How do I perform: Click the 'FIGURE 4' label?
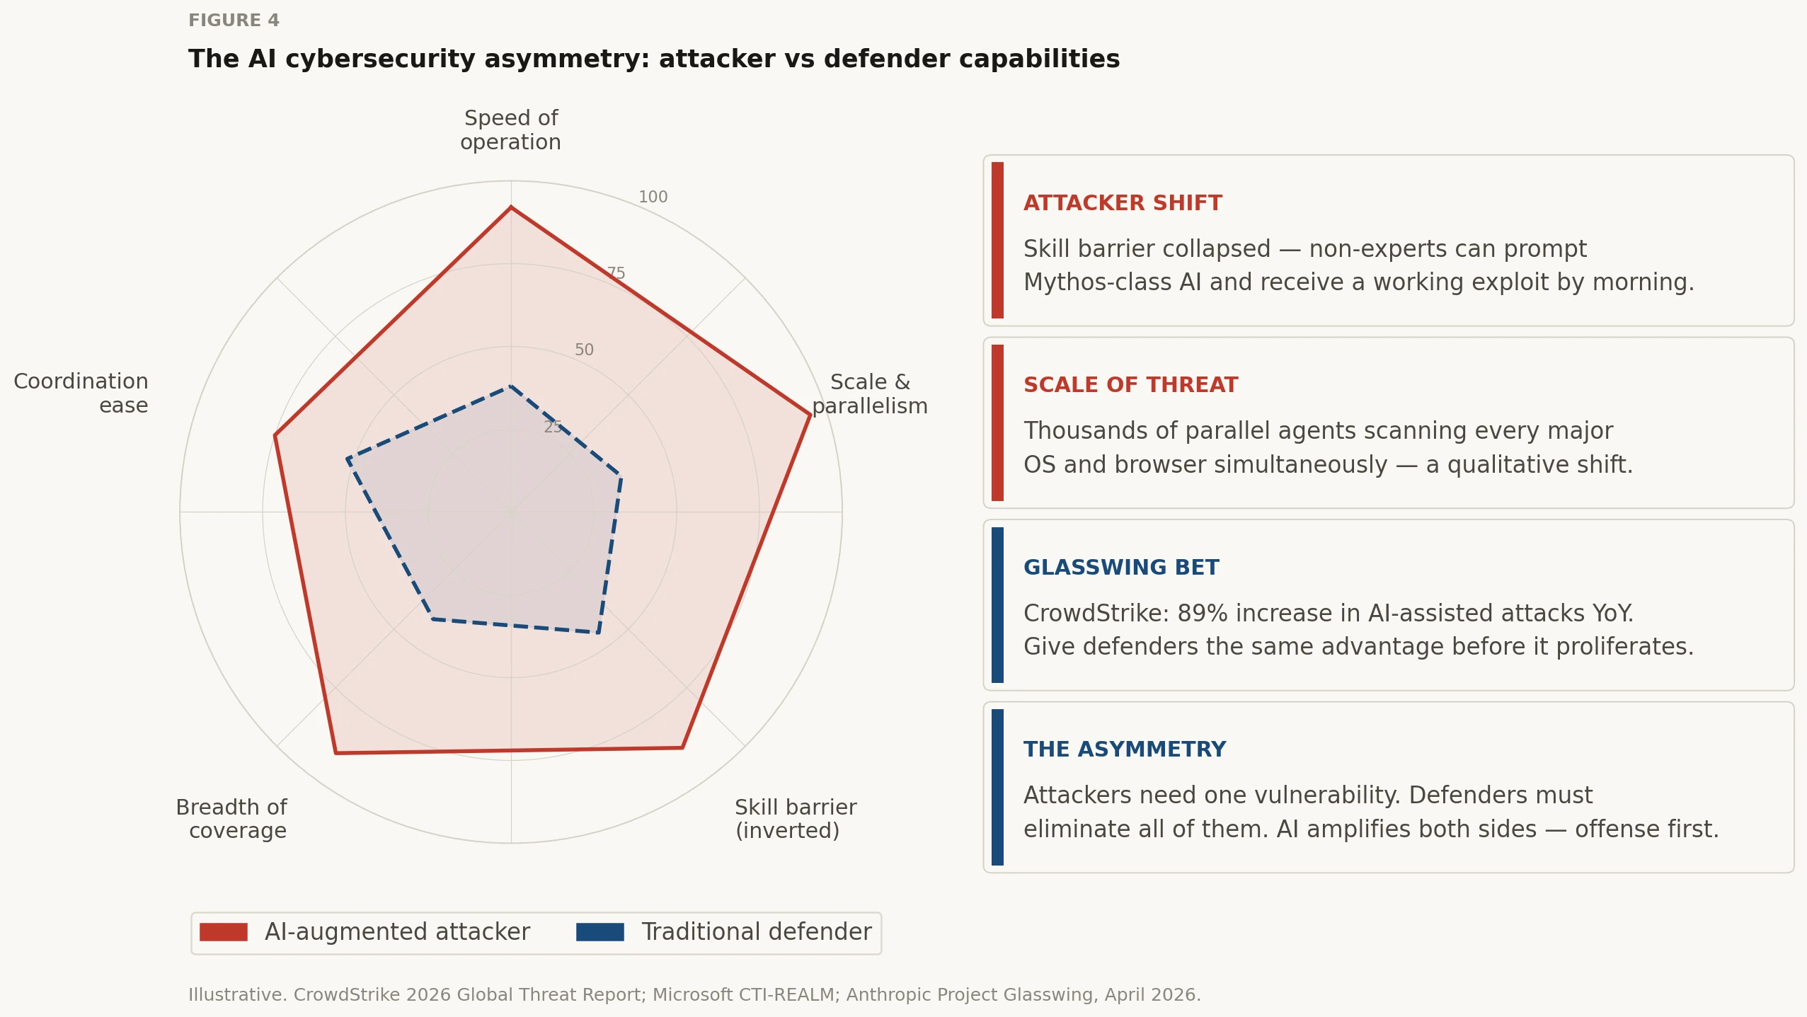pyautogui.click(x=234, y=21)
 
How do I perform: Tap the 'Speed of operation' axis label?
pyautogui.click(x=510, y=130)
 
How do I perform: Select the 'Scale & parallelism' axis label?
pyautogui.click(x=869, y=393)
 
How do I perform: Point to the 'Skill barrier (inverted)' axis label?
pyautogui.click(x=796, y=818)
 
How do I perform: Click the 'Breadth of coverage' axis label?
pyautogui.click(x=231, y=818)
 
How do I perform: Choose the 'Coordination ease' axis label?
pyautogui.click(x=81, y=393)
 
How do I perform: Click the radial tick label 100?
pyautogui.click(x=653, y=197)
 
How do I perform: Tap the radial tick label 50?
pyautogui.click(x=584, y=350)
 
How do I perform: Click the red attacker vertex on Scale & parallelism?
pyautogui.click(x=810, y=415)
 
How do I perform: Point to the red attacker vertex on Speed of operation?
pyautogui.click(x=511, y=207)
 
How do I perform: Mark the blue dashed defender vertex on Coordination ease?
pyautogui.click(x=348, y=459)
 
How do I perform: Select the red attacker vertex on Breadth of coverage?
pyautogui.click(x=335, y=753)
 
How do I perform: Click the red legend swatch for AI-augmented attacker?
pyautogui.click(x=224, y=932)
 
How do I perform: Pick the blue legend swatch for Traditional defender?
pyautogui.click(x=600, y=932)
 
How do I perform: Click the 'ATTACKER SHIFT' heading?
pyautogui.click(x=1123, y=203)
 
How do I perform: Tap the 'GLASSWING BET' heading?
pyautogui.click(x=1121, y=568)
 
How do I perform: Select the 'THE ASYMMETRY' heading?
pyautogui.click(x=1125, y=749)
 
